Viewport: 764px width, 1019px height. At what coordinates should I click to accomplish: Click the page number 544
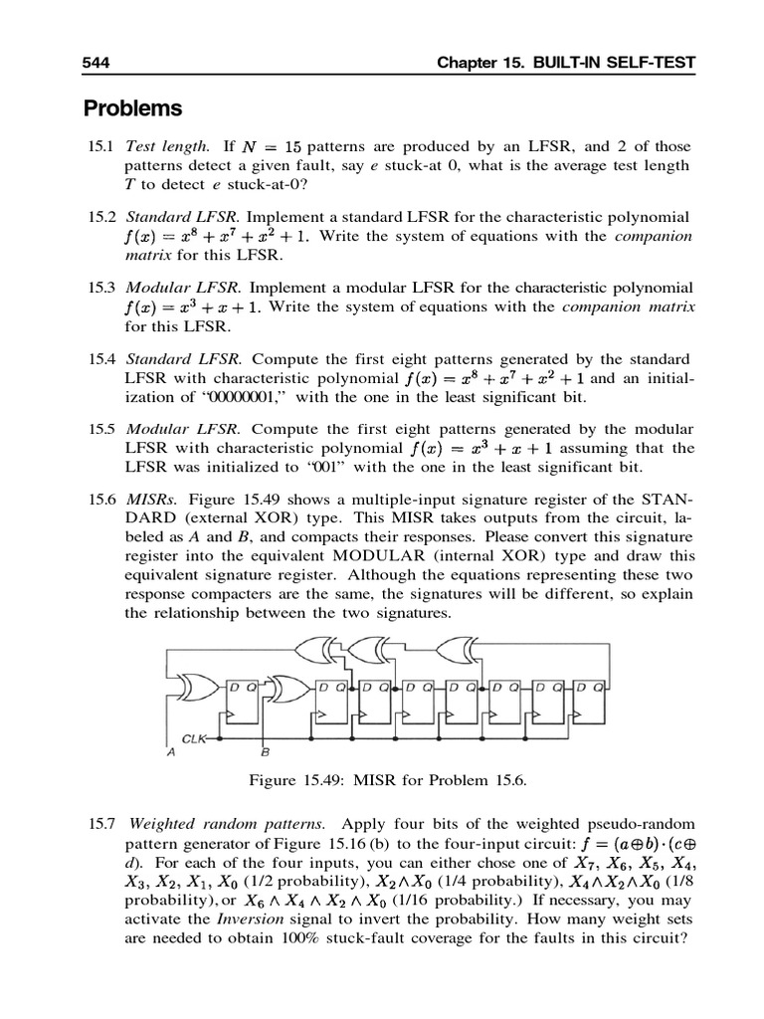tap(95, 64)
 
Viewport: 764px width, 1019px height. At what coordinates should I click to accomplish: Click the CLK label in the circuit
tap(193, 739)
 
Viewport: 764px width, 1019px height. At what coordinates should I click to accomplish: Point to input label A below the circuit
tap(170, 753)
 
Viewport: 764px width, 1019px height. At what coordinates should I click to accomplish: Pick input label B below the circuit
tap(264, 753)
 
